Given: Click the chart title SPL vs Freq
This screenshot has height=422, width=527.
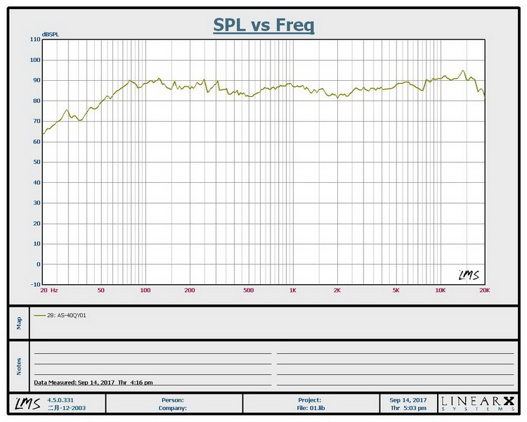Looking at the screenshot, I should (x=263, y=26).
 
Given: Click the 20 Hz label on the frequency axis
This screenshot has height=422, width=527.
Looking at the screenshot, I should (x=48, y=290).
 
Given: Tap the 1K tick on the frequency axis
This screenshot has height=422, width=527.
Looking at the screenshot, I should (x=292, y=290).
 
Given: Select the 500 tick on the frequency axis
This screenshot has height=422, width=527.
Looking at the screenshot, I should (x=248, y=290).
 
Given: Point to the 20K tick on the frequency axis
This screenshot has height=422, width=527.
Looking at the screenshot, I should (x=484, y=290).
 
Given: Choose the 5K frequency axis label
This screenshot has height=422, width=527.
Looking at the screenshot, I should (x=396, y=290).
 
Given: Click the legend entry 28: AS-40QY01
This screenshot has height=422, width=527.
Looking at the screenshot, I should (x=67, y=315).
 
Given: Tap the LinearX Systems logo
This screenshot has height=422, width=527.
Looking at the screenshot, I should (x=477, y=403).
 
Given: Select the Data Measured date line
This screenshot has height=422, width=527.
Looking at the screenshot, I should (x=93, y=383).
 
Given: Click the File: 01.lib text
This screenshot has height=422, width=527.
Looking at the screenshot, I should (x=310, y=407).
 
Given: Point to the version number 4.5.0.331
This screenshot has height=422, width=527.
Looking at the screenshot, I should (x=59, y=399).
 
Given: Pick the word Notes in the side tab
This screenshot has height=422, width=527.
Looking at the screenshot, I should (x=19, y=366).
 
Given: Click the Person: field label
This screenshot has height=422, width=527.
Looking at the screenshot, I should (x=173, y=399).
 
